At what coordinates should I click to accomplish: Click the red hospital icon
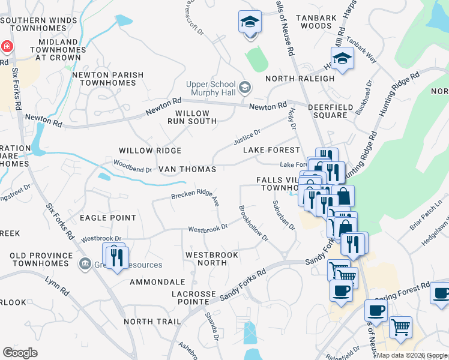[x=6, y=46]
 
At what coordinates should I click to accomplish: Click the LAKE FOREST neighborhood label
[x=271, y=150]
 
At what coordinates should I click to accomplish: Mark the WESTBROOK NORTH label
[x=212, y=259]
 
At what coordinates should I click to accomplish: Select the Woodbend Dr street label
[x=133, y=166]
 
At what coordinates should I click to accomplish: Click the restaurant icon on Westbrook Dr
[x=116, y=256]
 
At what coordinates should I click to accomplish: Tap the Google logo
[x=20, y=353]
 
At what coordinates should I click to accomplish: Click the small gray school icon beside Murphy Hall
[x=244, y=88]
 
